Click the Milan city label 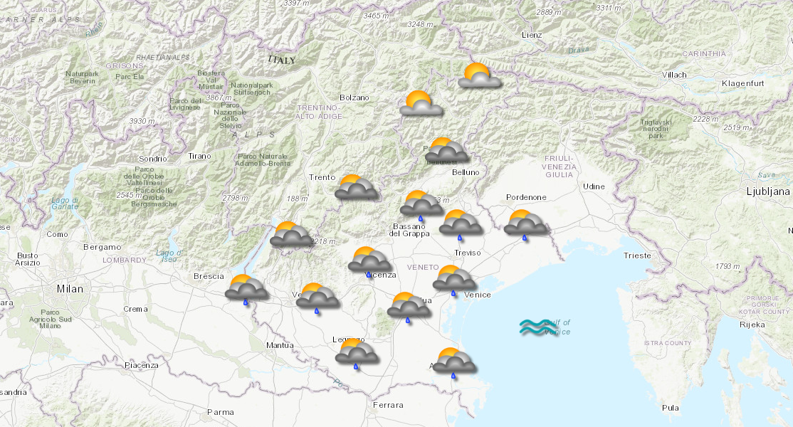point(70,289)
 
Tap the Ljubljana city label point(768,191)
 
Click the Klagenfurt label point(742,84)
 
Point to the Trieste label point(636,255)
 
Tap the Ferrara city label point(387,405)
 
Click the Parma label point(220,412)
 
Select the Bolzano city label point(355,97)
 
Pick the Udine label point(594,186)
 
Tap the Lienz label point(531,35)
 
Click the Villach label point(674,75)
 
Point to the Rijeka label point(752,325)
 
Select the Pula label point(670,408)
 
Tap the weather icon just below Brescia point(246,288)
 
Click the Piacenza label point(141,365)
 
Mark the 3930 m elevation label point(142,122)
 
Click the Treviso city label point(468,253)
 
